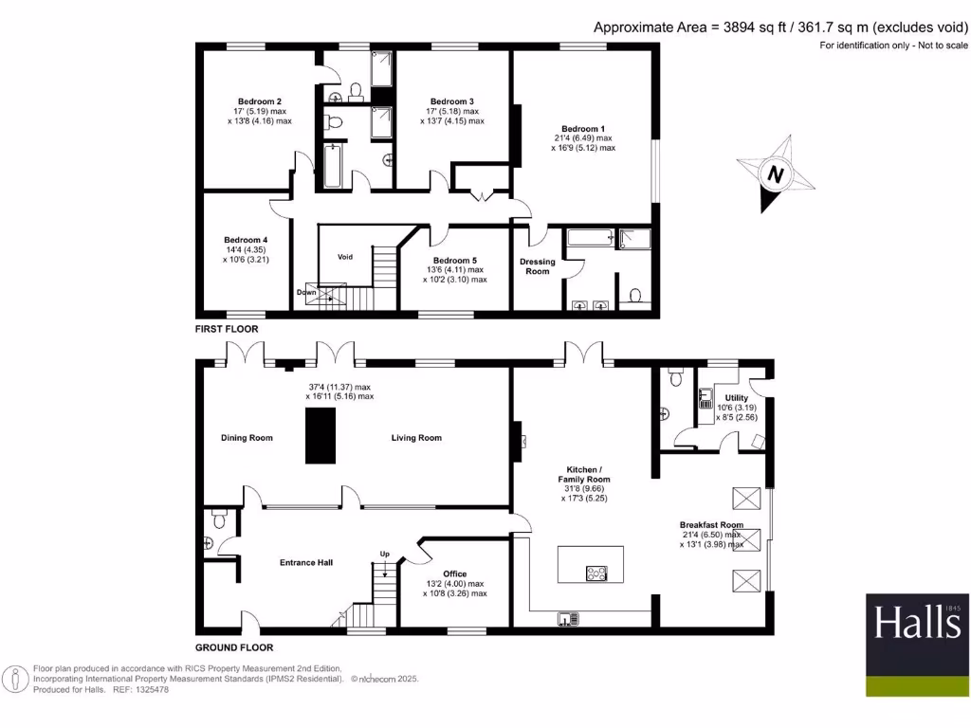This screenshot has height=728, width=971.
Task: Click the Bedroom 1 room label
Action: pyautogui.click(x=582, y=129)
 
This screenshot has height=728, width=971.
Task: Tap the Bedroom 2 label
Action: pyautogui.click(x=259, y=101)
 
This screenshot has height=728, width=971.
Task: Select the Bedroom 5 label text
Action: pyautogui.click(x=454, y=261)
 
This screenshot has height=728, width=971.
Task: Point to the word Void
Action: pyautogui.click(x=345, y=257)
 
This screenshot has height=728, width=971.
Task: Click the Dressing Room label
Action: pyautogui.click(x=538, y=266)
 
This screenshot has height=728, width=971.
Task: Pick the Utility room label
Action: pyautogui.click(x=737, y=398)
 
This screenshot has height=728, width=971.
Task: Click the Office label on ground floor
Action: pyautogui.click(x=454, y=573)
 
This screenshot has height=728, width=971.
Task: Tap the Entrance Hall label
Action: pyautogui.click(x=306, y=562)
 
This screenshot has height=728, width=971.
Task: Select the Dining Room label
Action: pyautogui.click(x=247, y=438)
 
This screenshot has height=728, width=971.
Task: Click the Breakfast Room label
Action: pyautogui.click(x=711, y=524)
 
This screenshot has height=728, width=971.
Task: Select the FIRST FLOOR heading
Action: pyautogui.click(x=227, y=329)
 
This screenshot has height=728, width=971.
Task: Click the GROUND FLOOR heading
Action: pyautogui.click(x=234, y=648)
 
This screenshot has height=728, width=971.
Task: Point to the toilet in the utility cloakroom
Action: pyautogui.click(x=675, y=378)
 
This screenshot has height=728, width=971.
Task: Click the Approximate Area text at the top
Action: pyautogui.click(x=781, y=27)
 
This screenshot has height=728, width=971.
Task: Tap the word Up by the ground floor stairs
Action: pyautogui.click(x=384, y=554)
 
